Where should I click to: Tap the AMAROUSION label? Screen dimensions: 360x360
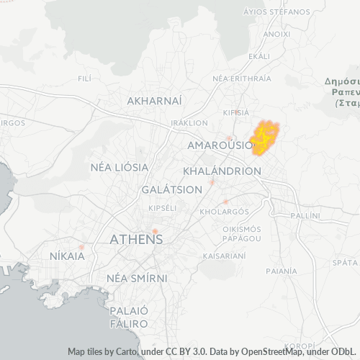coord(220,145)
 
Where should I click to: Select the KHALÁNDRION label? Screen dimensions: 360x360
coord(222,171)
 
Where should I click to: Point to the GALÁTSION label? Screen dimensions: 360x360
coord(172,189)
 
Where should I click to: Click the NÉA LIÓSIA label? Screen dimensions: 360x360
coord(120,167)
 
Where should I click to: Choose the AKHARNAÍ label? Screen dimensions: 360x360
coord(154,102)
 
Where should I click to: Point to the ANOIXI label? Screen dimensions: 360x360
coord(277,34)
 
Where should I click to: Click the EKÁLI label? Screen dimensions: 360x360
coord(258,55)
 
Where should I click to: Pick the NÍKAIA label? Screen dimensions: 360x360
coord(67,256)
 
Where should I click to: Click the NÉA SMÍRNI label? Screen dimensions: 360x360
coord(137,278)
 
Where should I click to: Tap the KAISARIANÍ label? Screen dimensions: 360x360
coord(225,256)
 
